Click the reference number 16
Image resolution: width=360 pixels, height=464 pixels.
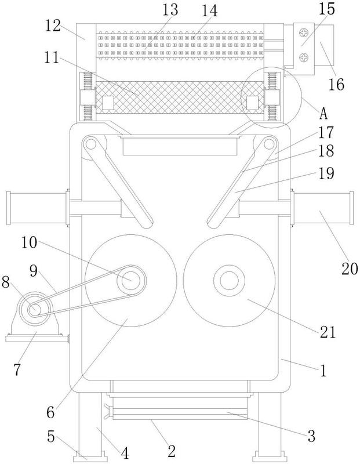tap(337, 85)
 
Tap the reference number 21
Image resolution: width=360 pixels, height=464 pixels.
tap(328, 332)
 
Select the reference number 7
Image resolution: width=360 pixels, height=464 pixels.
tap(17, 369)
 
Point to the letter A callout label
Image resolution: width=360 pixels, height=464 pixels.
tap(324, 114)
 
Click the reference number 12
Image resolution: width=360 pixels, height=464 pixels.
tap(53, 26)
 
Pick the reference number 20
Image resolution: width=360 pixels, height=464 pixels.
tap(350, 269)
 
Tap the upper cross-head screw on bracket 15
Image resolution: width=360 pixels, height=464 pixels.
tap(304, 32)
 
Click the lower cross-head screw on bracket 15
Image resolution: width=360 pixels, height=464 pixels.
tap(304, 57)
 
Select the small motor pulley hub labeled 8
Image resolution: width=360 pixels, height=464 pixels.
tap(35, 310)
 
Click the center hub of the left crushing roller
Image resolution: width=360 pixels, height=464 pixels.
tap(131, 280)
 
